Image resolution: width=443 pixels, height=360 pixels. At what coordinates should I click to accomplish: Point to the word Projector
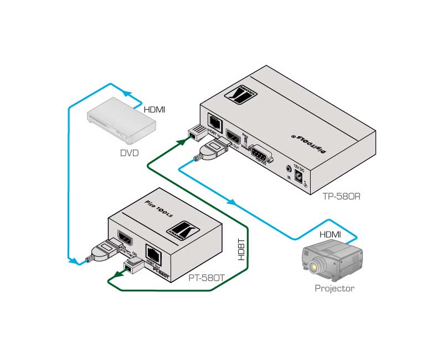tap(334, 288)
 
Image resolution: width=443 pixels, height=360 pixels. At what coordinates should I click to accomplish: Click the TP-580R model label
tap(342, 196)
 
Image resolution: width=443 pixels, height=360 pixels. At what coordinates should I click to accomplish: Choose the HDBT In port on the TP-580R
tap(213, 121)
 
